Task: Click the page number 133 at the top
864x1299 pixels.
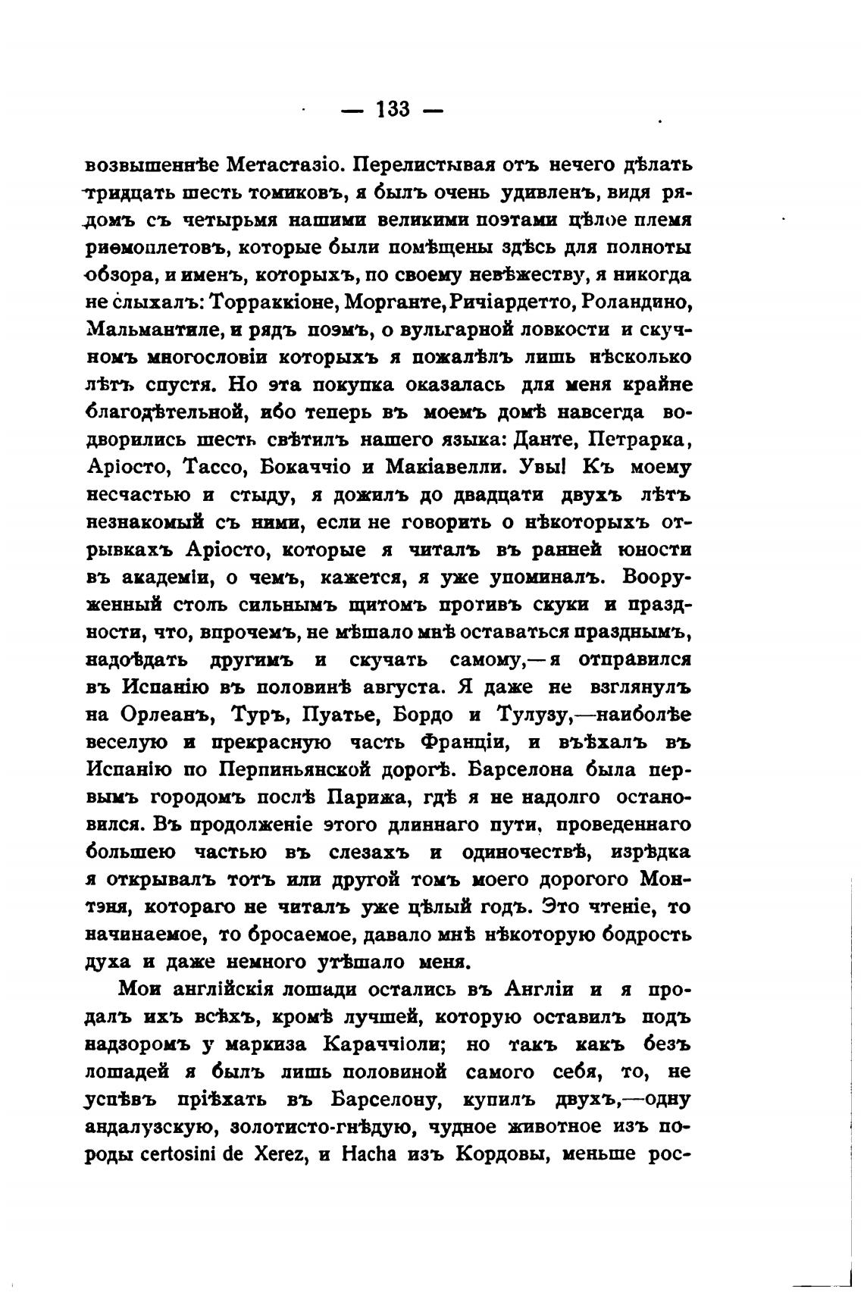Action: coord(392,109)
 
